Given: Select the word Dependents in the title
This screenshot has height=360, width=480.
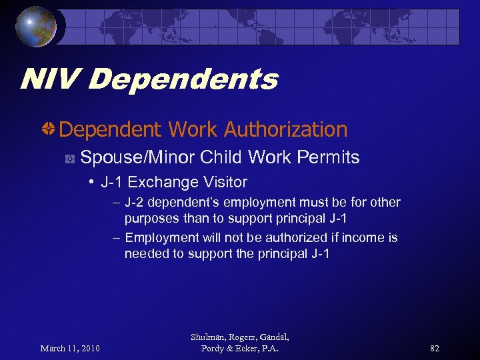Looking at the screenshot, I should (183, 81).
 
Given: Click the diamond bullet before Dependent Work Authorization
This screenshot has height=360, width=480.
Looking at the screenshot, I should (49, 128).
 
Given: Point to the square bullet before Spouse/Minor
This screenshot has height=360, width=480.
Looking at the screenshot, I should (69, 159).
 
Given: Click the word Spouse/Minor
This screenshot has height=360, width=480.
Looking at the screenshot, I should (137, 158).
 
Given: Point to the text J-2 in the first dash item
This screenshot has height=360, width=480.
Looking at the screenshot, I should (134, 202).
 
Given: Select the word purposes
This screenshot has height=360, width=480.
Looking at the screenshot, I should (153, 218).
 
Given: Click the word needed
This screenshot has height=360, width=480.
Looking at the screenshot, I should (145, 254).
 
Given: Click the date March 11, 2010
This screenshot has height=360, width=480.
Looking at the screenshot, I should (70, 348).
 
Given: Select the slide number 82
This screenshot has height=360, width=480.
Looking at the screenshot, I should (434, 348).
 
